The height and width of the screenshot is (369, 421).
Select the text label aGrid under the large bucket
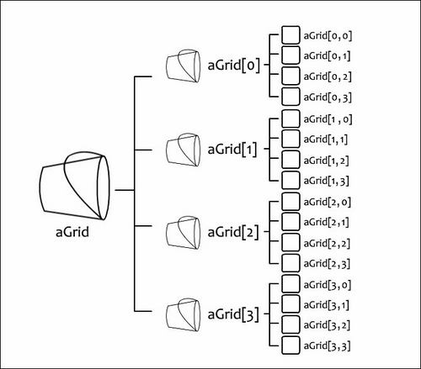(72, 232)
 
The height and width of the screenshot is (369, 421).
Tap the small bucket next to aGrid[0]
(184, 66)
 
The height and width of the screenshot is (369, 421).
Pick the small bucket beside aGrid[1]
(184, 150)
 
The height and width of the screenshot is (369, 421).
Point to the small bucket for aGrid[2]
(184, 233)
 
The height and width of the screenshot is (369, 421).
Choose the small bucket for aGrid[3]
(184, 315)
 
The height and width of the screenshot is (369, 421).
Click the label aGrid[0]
(233, 66)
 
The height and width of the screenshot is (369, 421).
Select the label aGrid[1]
(232, 149)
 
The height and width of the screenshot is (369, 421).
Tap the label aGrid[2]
(233, 232)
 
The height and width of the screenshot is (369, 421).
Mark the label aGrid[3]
(233, 314)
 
